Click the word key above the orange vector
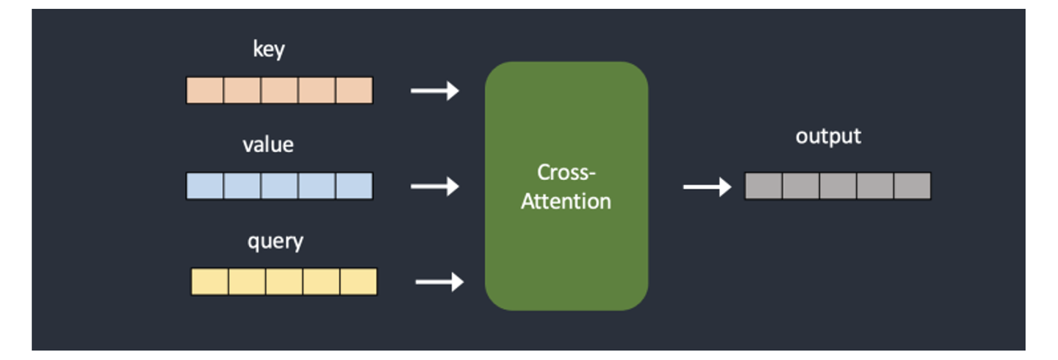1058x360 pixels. click(268, 50)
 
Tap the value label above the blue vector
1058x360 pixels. click(268, 145)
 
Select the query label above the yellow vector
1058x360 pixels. click(275, 241)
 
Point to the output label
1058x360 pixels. click(828, 137)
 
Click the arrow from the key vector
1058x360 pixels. click(434, 90)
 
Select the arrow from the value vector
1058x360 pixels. click(434, 187)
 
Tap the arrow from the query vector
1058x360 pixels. click(439, 281)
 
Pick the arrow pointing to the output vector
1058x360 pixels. click(707, 187)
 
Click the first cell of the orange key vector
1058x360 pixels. click(205, 90)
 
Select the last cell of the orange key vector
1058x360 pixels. click(354, 90)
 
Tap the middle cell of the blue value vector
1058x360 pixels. click(279, 186)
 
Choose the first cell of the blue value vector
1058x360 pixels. click(205, 186)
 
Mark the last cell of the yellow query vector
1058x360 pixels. click(359, 282)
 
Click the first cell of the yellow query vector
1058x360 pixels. click(210, 282)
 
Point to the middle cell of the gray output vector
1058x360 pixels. click(838, 186)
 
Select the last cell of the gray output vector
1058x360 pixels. click(913, 186)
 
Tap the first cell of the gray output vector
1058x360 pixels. click(763, 186)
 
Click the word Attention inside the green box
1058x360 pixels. click(566, 201)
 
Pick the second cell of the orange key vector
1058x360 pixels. click(242, 90)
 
